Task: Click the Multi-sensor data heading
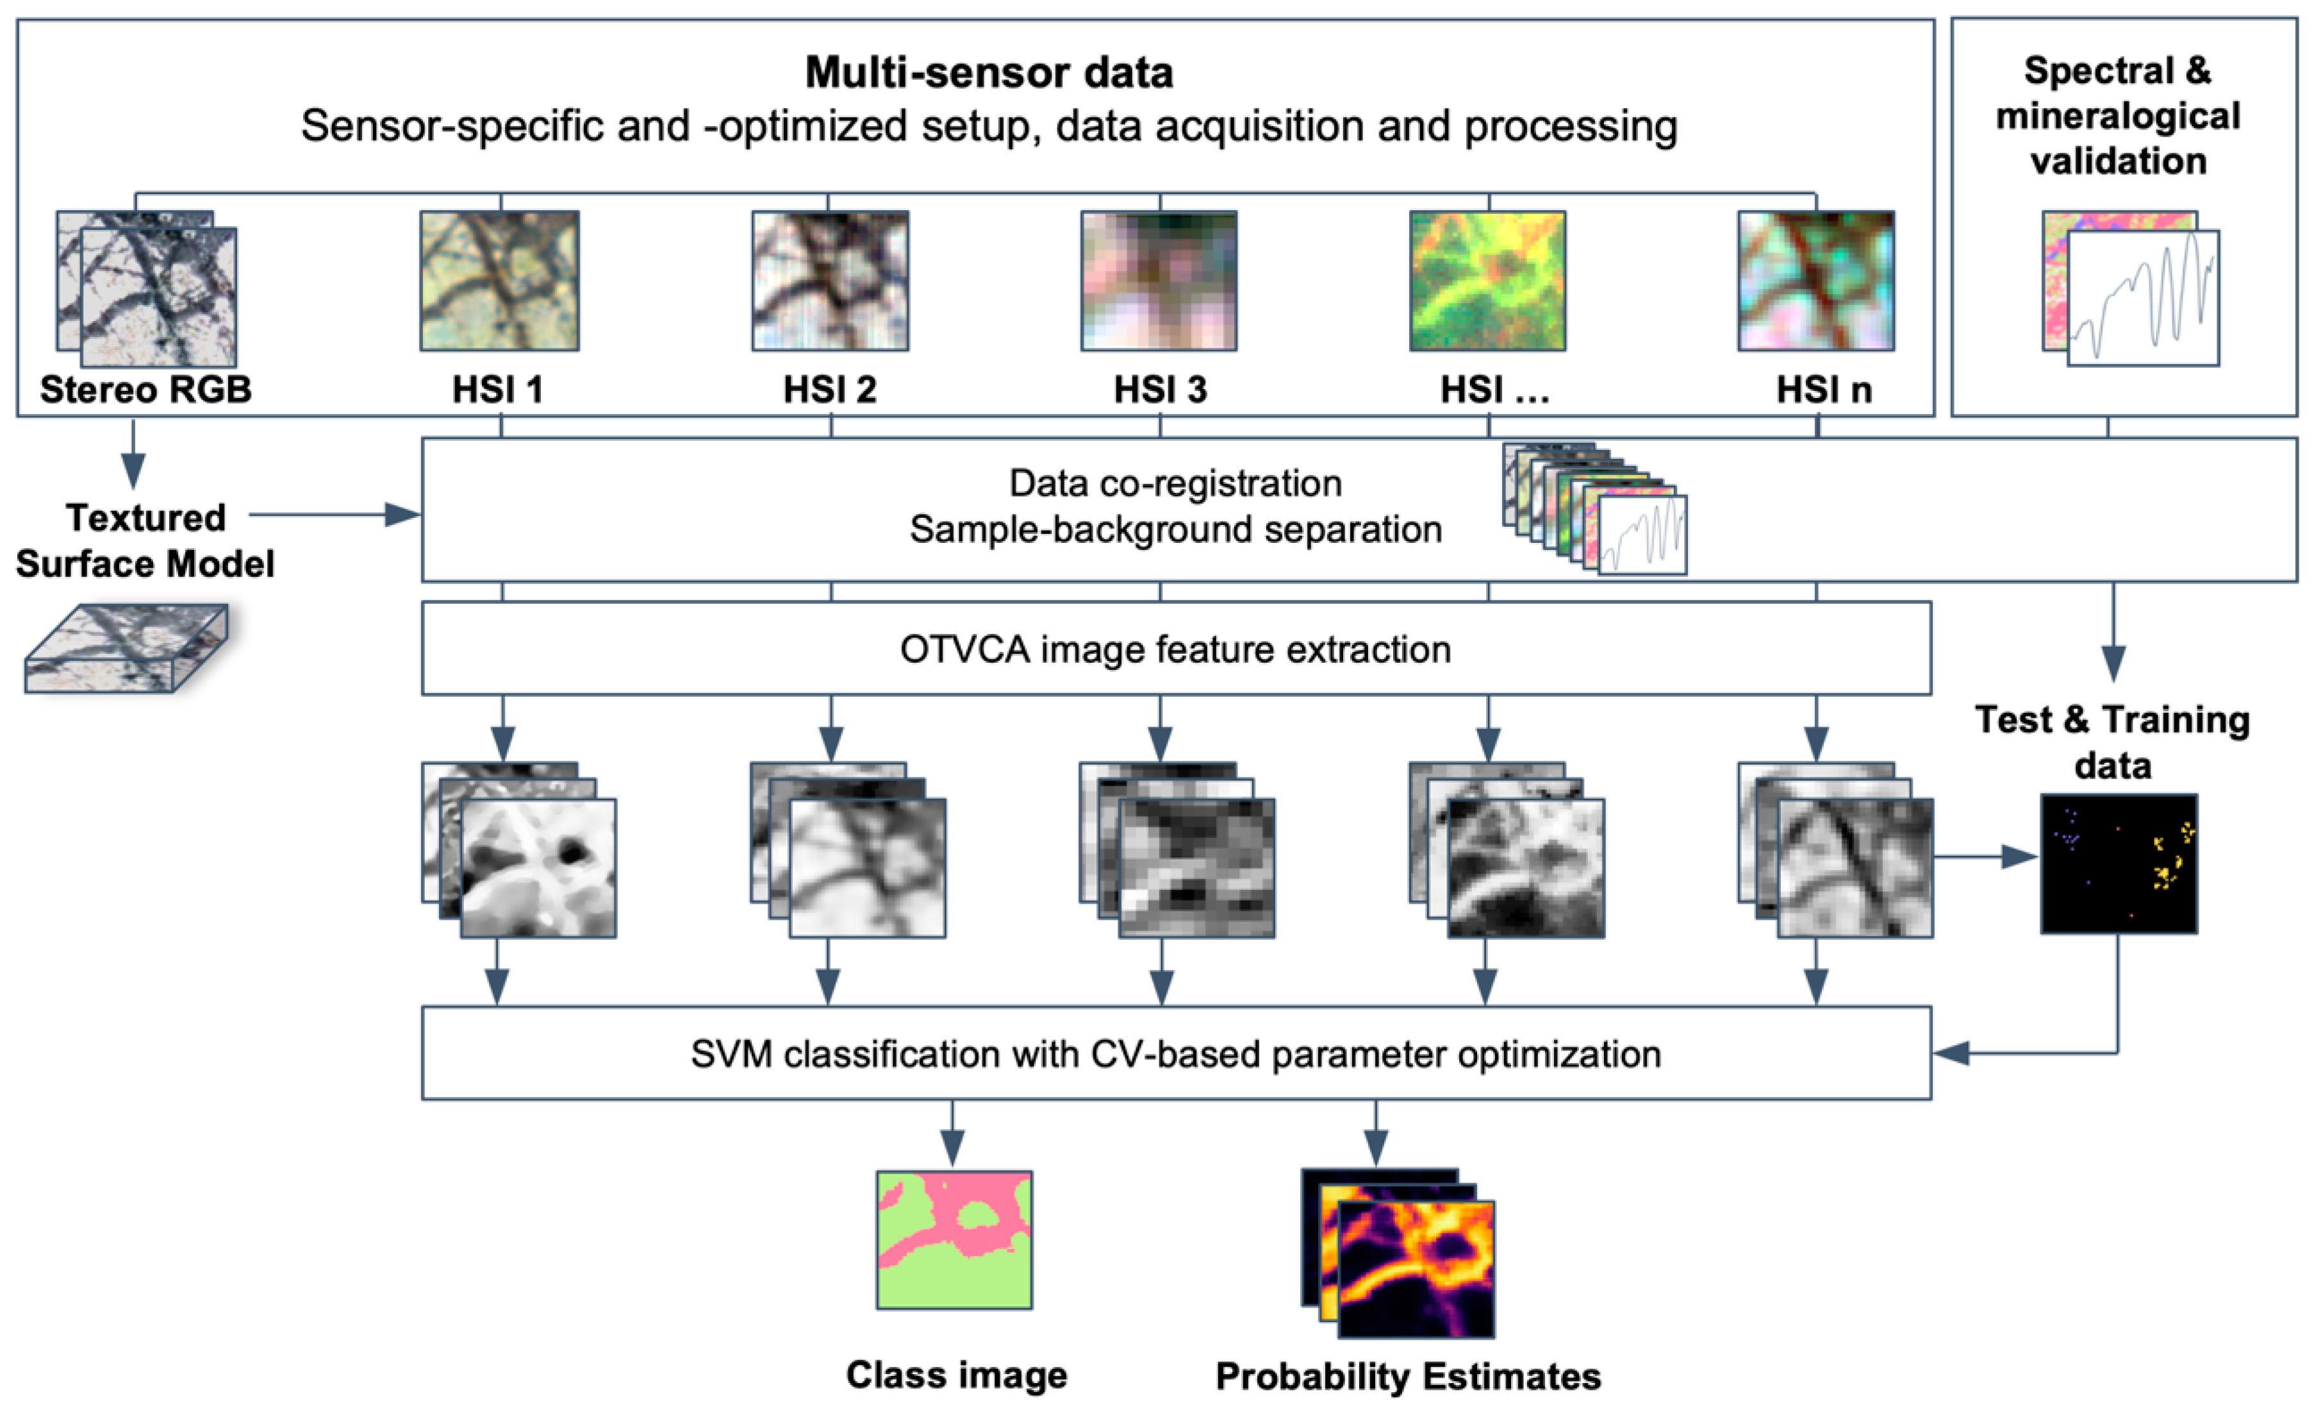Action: pyautogui.click(x=989, y=73)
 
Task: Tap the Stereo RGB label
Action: pyautogui.click(x=145, y=390)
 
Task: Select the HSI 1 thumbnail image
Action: pyautogui.click(x=500, y=281)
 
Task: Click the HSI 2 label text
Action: pyautogui.click(x=831, y=390)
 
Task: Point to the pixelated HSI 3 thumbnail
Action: pyautogui.click(x=1159, y=281)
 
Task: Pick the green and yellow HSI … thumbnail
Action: pyautogui.click(x=1487, y=281)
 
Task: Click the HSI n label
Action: pyautogui.click(x=1824, y=390)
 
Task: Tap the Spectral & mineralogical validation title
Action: pyautogui.click(x=2118, y=115)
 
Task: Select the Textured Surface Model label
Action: pyautogui.click(x=145, y=541)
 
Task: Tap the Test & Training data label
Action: pyautogui.click(x=2113, y=742)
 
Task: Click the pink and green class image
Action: pyautogui.click(x=954, y=1240)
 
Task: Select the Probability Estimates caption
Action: pyautogui.click(x=1408, y=1376)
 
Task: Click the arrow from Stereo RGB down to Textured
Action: pyautogui.click(x=133, y=454)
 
